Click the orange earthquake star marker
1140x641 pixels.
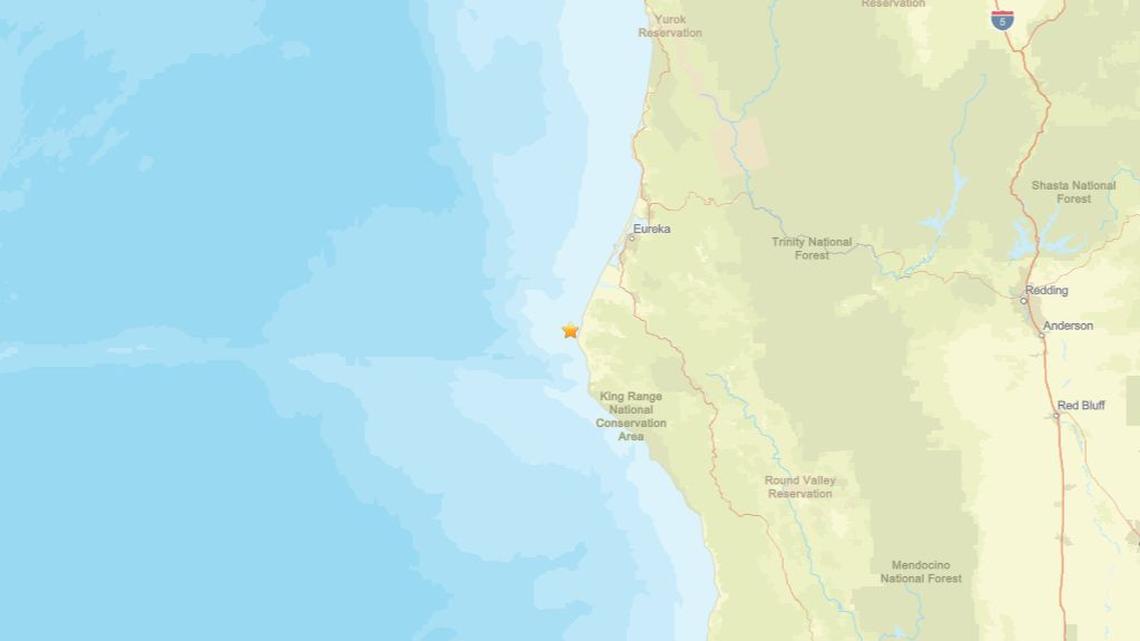570,330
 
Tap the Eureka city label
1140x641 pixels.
651,229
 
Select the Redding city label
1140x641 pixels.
1046,291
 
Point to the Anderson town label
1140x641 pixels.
1067,326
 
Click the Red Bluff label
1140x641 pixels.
1080,406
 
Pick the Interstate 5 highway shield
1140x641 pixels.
1002,19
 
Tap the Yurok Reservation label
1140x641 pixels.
670,26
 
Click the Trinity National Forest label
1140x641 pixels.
812,248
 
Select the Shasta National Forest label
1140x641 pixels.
1073,192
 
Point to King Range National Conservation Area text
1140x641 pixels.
631,416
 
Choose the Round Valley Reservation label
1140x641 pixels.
800,487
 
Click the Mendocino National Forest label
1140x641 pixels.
920,572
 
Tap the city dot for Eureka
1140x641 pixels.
630,238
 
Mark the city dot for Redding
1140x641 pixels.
1023,300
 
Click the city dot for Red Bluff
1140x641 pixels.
1056,415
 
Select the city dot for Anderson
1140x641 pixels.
1041,335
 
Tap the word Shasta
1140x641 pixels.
1051,186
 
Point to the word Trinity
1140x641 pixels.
790,242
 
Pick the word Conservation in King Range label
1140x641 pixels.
631,423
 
